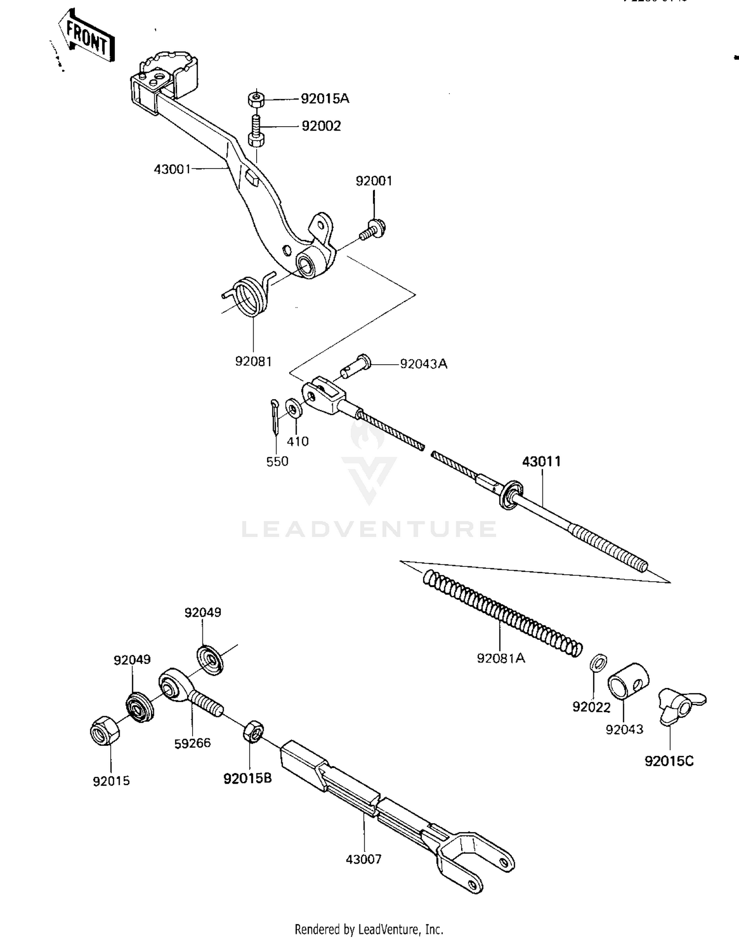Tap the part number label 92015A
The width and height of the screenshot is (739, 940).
[325, 99]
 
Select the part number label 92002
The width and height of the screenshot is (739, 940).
[321, 126]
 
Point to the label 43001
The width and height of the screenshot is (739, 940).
[172, 169]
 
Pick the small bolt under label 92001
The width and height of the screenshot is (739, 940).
[373, 229]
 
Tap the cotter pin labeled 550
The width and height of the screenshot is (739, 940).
[274, 416]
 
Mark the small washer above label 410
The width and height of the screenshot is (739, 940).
[294, 409]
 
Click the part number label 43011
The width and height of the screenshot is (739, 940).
[541, 461]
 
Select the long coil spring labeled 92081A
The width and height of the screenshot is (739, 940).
[503, 613]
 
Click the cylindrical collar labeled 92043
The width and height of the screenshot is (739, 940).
[628, 680]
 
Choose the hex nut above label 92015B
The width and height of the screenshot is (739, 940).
[253, 731]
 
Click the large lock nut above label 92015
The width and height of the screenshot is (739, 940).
[105, 731]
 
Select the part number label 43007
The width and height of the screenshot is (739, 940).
[364, 859]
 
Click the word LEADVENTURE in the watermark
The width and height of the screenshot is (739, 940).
[369, 529]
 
